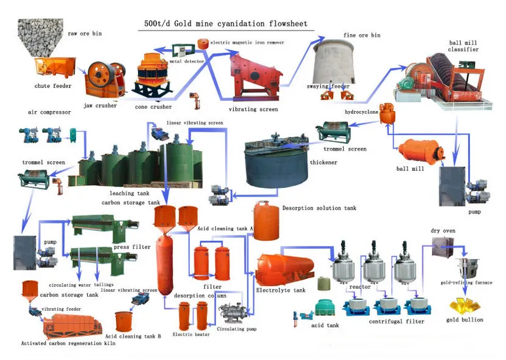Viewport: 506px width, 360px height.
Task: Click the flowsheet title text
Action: [x=225, y=24]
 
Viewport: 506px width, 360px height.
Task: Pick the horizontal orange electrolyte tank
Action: [x=282, y=268]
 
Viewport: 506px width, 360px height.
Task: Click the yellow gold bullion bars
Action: [x=464, y=304]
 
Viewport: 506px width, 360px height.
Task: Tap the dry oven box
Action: [x=444, y=251]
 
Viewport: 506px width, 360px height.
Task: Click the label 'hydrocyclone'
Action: [x=361, y=112]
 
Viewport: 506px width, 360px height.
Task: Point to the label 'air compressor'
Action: [x=50, y=112]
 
